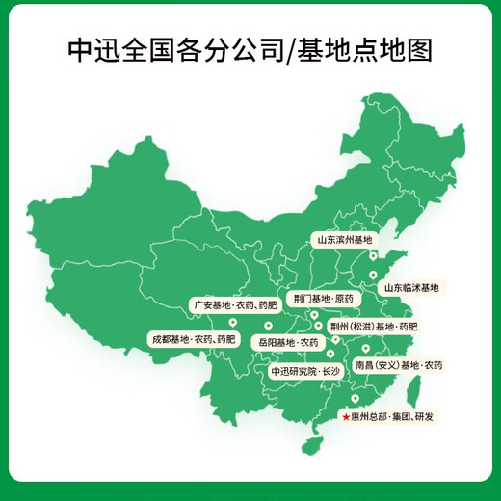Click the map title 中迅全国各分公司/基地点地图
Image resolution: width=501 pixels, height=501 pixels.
point(250,49)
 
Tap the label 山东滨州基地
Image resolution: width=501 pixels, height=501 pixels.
point(344,238)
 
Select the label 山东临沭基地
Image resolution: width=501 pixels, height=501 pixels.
point(410,287)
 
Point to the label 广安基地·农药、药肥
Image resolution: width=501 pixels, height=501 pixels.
point(234,304)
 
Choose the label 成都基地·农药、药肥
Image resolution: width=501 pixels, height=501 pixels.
point(192,339)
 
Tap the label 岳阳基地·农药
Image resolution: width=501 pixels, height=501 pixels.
point(286,341)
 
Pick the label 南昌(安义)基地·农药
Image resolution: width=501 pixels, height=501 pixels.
point(399,365)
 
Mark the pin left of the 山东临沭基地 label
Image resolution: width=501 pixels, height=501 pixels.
point(373,276)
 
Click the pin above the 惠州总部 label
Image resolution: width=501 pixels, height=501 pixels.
point(355,399)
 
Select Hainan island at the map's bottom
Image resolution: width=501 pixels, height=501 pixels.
point(311,445)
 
